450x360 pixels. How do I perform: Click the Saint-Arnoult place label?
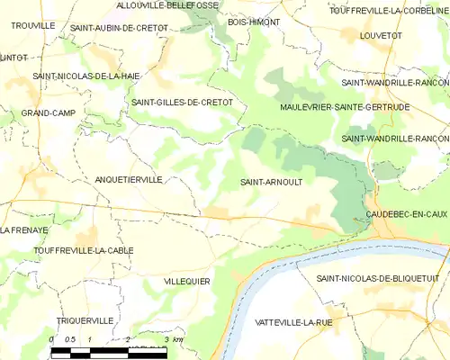tap(271, 181)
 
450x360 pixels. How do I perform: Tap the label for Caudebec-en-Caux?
tap(408, 212)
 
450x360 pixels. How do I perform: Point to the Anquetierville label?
tap(129, 180)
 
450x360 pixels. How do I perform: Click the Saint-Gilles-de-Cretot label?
tap(183, 103)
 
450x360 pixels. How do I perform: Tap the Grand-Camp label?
tap(49, 112)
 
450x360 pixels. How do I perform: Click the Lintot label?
tap(13, 57)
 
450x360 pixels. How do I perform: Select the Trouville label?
tap(32, 26)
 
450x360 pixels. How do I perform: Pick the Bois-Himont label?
tap(254, 21)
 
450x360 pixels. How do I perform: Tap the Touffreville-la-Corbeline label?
tap(390, 10)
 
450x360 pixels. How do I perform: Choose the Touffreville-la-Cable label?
tap(70, 249)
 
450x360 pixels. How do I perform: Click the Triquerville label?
tap(85, 320)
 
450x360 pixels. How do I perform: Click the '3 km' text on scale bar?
tap(175, 339)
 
